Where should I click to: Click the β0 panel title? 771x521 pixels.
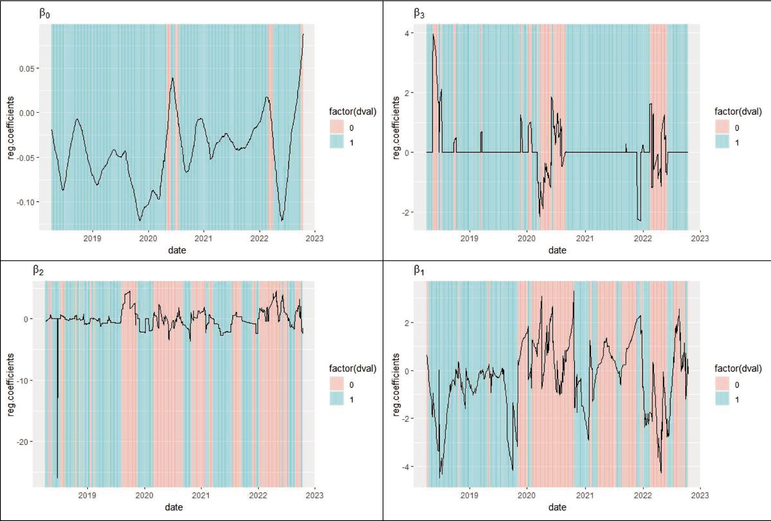coord(45,14)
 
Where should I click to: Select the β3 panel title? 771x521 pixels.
coord(419,14)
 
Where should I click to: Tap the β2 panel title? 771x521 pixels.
coord(38,271)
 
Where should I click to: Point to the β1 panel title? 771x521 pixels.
coord(419,271)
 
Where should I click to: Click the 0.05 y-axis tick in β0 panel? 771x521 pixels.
coord(27,69)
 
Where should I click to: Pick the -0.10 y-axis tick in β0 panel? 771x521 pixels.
coord(25,202)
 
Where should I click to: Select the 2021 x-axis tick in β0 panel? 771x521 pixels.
coord(204,238)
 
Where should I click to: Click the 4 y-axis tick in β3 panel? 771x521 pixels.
coord(407,33)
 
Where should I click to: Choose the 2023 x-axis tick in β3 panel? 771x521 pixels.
coord(700,238)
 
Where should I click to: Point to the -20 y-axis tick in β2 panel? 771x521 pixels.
coord(23,442)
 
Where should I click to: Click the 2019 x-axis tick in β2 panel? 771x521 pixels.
coord(87,495)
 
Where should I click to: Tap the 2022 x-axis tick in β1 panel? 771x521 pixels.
coord(643,495)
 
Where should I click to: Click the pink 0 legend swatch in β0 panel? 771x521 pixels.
coord(337,128)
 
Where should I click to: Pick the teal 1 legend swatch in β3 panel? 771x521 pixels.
coord(722,142)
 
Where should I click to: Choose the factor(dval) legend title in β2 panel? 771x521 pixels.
coord(353,369)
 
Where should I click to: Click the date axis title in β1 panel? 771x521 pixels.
coord(557,507)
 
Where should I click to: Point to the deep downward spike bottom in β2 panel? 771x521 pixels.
coord(57,478)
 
